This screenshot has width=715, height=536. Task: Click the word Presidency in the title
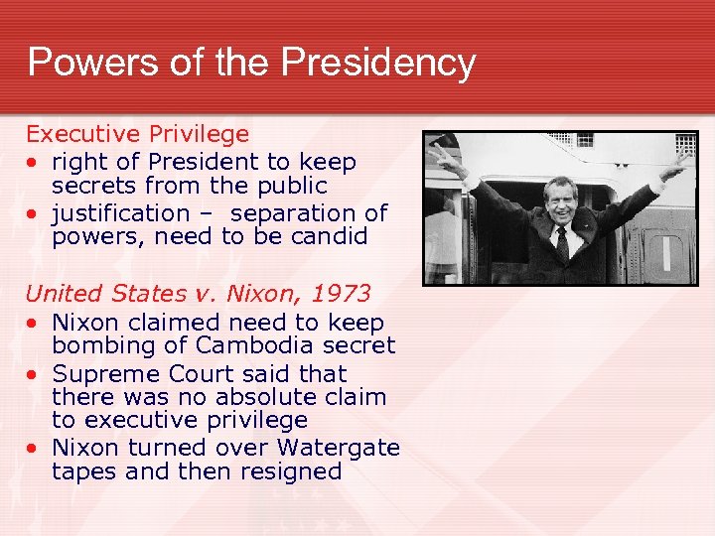tap(378, 63)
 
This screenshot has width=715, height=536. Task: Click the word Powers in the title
tap(79, 63)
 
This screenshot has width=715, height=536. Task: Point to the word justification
tap(120, 212)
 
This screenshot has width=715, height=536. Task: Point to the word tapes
tap(83, 471)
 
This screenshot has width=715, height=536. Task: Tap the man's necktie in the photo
tap(562, 242)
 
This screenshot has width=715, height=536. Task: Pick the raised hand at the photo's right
tap(679, 164)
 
